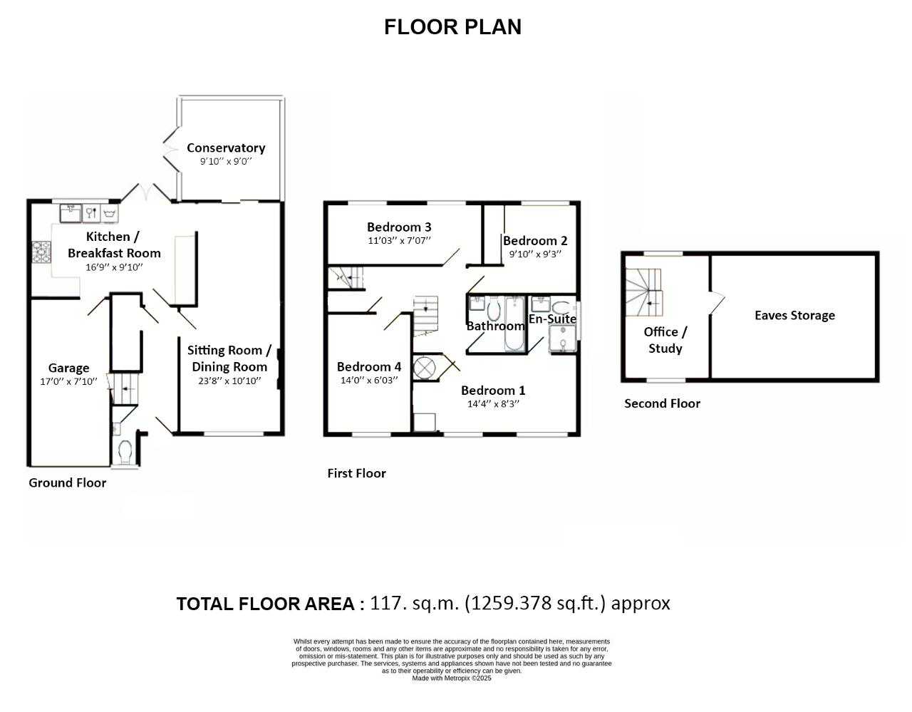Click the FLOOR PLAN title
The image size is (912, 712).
coord(452,27)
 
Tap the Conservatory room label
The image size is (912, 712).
coord(226,148)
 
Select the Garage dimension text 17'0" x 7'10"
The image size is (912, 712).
coord(68,381)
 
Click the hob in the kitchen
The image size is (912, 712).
coord(41,252)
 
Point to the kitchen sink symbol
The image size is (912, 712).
coord(71,213)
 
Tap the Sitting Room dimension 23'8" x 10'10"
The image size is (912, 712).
coord(229,381)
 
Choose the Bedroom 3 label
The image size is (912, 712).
coord(399,227)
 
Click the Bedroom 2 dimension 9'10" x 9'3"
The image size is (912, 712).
coord(535,254)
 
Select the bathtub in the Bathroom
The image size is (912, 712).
coord(514,324)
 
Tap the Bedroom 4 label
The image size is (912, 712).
coord(369,367)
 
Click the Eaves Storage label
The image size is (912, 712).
coord(794,315)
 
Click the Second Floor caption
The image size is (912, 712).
coord(662,403)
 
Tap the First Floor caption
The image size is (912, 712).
coord(356,473)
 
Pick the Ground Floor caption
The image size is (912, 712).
coord(67,483)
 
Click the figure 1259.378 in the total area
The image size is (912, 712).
coord(511,603)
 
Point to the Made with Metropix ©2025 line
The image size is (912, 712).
coord(452,678)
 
